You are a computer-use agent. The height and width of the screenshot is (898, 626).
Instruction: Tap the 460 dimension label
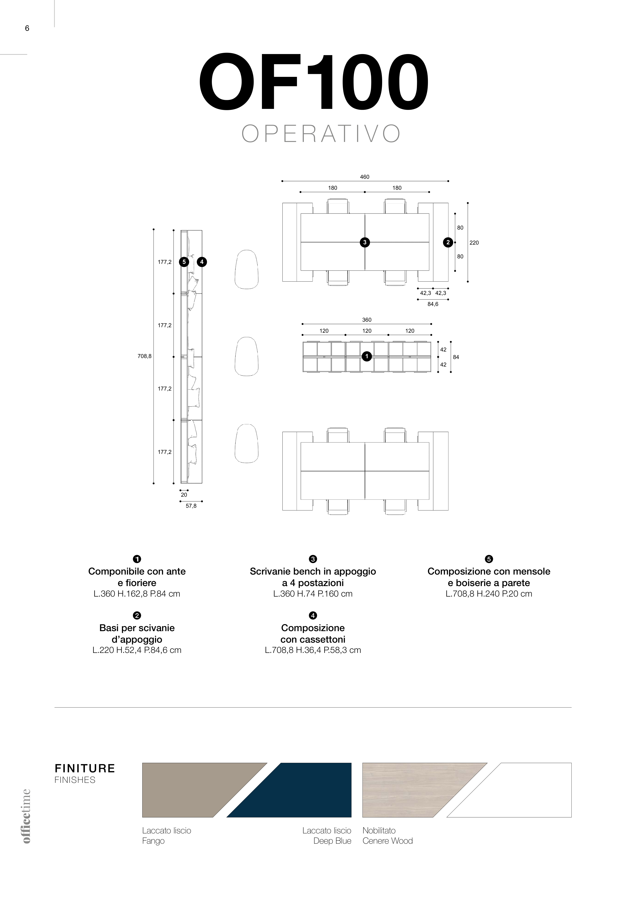click(x=364, y=177)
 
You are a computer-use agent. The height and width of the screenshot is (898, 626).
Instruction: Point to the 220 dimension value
click(x=474, y=243)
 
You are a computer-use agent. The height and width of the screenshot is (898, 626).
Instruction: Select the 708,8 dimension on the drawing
click(x=144, y=356)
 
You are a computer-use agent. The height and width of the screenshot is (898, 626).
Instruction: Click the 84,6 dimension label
click(x=433, y=304)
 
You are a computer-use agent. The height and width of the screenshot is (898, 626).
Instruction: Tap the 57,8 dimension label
click(x=191, y=506)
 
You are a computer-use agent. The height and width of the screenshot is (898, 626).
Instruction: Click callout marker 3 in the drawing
click(x=365, y=243)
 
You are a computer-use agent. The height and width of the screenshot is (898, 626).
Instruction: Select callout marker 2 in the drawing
click(x=448, y=243)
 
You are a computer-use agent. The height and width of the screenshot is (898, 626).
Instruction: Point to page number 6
click(x=27, y=28)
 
